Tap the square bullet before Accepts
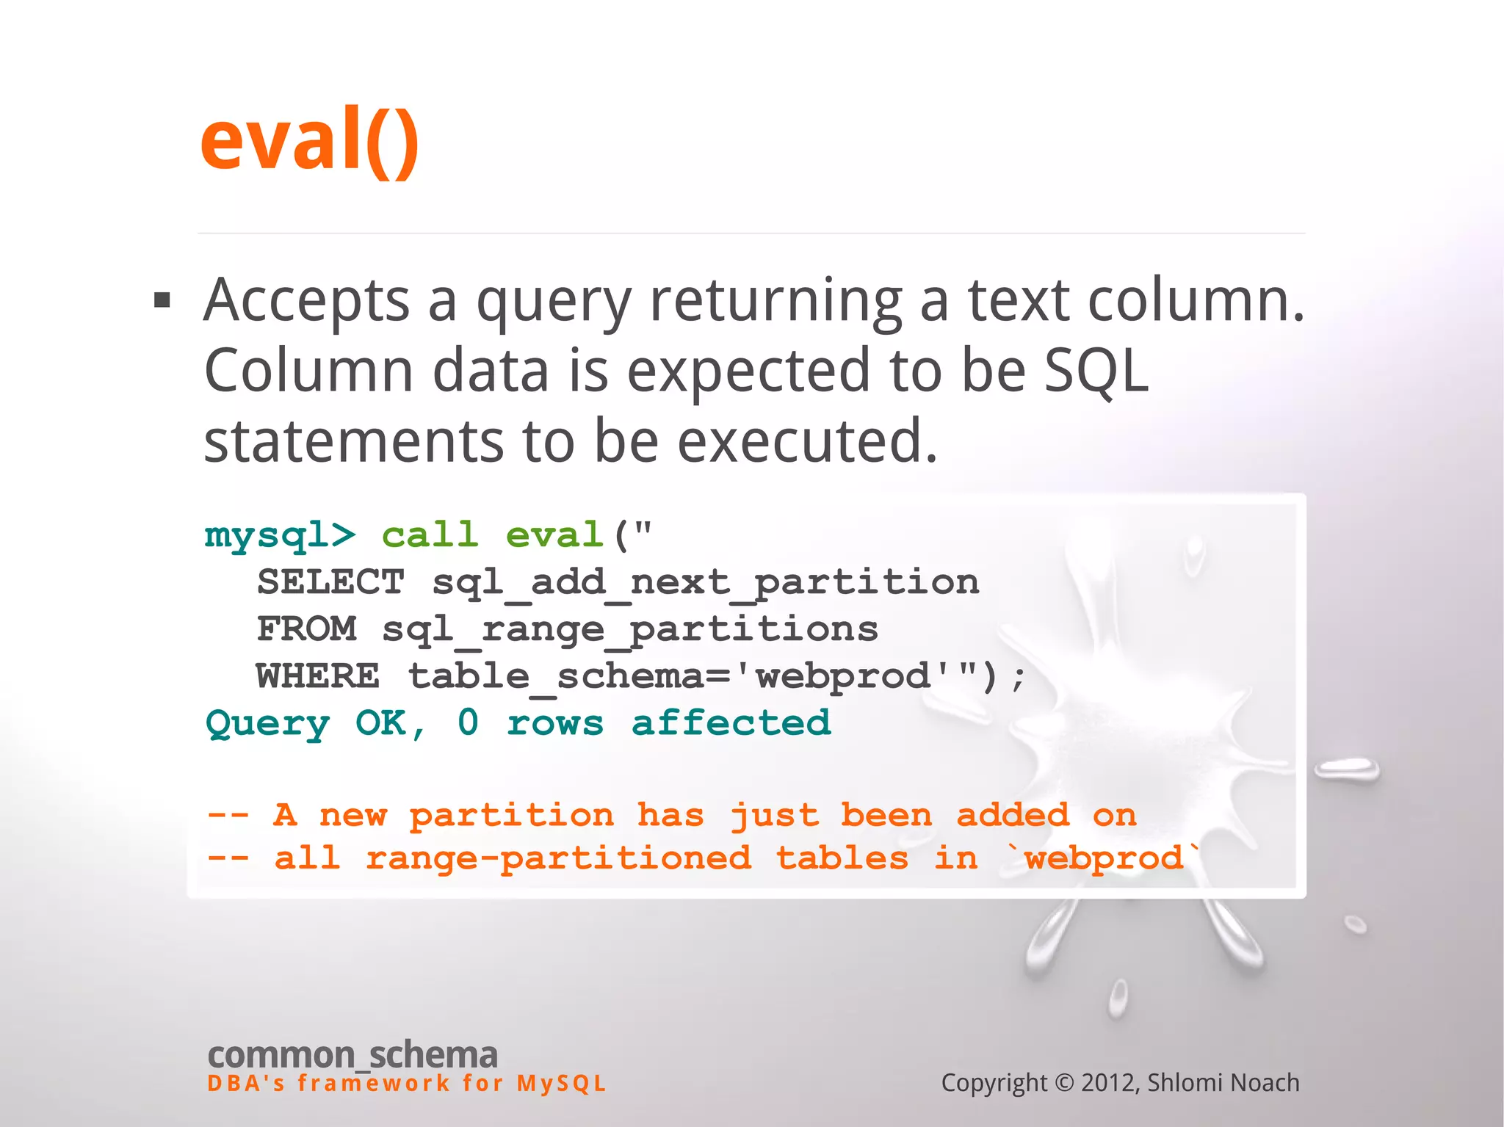(x=162, y=300)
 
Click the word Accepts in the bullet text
(x=306, y=301)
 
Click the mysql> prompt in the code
(x=280, y=535)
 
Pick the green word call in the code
(x=430, y=534)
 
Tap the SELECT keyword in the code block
(x=330, y=582)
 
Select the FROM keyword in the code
(x=306, y=629)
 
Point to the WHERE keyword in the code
(x=318, y=676)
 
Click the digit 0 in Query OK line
(x=468, y=722)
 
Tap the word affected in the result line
(x=731, y=722)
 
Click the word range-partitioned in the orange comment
(x=558, y=858)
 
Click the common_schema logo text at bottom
(x=352, y=1055)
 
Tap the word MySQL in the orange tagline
(x=561, y=1084)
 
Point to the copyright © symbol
(x=1064, y=1083)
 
